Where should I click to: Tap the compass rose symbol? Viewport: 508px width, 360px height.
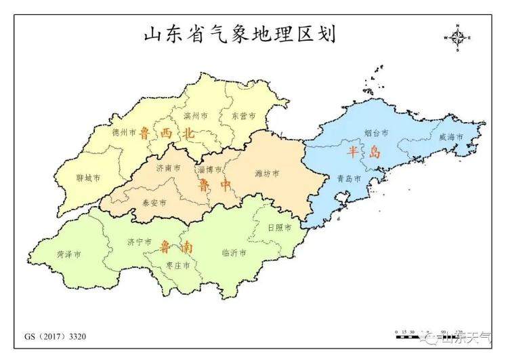tap(457, 38)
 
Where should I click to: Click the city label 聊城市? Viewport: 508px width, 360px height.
tap(88, 178)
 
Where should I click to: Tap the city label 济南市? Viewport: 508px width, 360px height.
tap(168, 168)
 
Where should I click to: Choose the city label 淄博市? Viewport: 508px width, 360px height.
tap(209, 169)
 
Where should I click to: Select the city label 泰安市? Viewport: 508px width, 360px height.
tap(154, 202)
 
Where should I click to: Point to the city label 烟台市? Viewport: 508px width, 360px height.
tap(377, 134)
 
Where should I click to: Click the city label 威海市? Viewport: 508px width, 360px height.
tap(450, 137)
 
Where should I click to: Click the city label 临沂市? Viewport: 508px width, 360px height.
tap(234, 252)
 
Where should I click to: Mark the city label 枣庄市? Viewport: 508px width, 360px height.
tap(177, 266)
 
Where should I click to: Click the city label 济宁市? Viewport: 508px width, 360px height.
tap(138, 241)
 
